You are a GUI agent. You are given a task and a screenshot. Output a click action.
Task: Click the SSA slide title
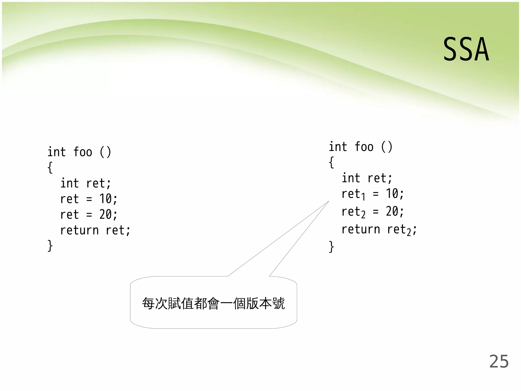coord(466,49)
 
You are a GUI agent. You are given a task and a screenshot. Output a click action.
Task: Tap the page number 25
coord(499,361)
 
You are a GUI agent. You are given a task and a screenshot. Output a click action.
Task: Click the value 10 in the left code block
coord(105,199)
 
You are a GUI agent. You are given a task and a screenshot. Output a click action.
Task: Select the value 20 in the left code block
coord(105,215)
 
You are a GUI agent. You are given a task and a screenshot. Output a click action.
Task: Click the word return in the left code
coord(79,230)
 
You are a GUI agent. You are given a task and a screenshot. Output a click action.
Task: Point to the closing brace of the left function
coord(50,246)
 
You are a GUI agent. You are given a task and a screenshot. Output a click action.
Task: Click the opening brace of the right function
coord(331,162)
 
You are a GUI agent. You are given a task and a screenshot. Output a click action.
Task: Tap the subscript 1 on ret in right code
coord(363,197)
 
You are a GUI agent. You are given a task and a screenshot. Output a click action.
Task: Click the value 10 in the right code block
coord(392,194)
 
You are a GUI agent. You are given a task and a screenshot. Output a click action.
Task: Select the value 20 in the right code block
coord(392,211)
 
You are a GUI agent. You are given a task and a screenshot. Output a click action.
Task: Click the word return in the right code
coord(361,229)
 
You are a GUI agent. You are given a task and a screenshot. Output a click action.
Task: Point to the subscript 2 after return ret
coord(409,232)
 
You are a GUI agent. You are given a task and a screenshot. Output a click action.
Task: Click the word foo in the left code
coord(83,152)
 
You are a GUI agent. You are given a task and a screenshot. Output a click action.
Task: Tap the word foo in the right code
coord(364,147)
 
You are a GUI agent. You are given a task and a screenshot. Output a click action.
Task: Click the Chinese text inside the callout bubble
coord(213,303)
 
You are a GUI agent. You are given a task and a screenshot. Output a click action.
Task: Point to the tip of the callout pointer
coord(328,201)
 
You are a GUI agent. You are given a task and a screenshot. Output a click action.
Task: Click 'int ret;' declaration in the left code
coord(85,183)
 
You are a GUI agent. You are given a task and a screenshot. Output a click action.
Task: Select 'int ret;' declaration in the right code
coord(367,178)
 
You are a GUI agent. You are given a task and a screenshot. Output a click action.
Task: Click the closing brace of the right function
coord(331,247)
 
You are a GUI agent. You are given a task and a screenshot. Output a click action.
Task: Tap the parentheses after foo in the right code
coord(387,147)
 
